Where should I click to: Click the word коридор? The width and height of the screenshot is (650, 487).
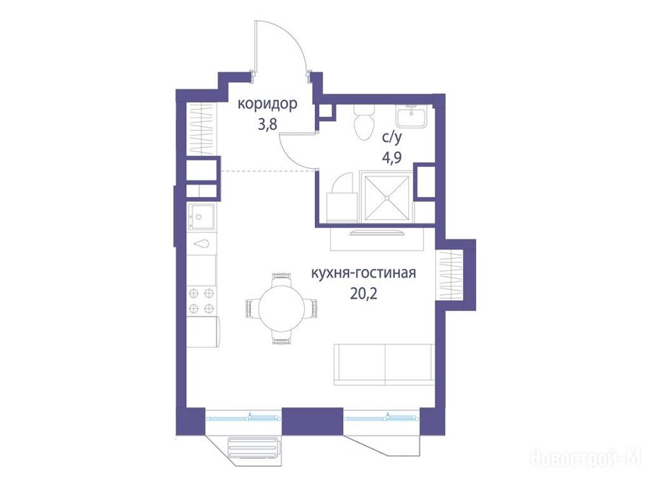[x=267, y=105]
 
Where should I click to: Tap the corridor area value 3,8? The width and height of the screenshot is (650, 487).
[x=267, y=124]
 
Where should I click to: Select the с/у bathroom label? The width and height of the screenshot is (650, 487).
[x=391, y=139]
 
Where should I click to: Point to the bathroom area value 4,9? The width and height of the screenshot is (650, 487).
[x=391, y=158]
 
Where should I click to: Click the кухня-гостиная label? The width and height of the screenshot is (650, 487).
[x=363, y=273]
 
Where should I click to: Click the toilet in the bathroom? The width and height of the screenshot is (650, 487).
[x=365, y=122]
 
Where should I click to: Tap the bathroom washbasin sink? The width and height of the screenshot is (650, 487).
[x=412, y=116]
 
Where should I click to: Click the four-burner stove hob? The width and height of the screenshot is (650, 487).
[x=202, y=301]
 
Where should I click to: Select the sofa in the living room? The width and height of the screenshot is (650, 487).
[x=384, y=364]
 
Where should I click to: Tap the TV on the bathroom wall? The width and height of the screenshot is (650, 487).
[x=376, y=232]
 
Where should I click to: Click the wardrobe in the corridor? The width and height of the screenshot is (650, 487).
[x=202, y=129]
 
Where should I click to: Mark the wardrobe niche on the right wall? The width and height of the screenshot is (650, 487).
[x=449, y=275]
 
